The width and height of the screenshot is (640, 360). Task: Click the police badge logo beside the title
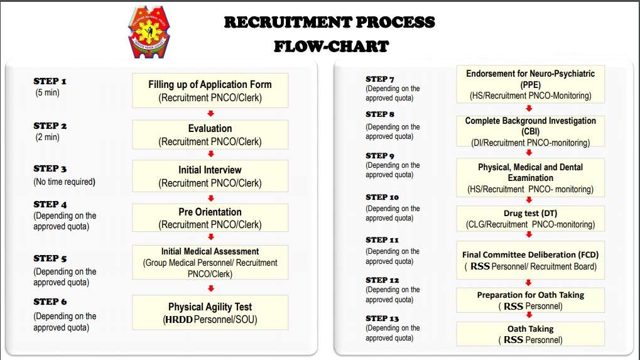[149, 32]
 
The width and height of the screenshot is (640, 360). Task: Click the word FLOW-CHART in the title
[331, 46]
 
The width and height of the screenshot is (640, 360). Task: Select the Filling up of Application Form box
[210, 90]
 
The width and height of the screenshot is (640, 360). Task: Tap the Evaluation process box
[210, 134]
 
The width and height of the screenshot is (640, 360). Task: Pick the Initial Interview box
[210, 176]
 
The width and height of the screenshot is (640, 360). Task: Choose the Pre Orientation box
[210, 217]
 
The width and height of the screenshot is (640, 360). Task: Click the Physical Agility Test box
[210, 313]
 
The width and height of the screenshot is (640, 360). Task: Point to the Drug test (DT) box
[530, 219]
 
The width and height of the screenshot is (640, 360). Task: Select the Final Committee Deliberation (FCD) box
[530, 260]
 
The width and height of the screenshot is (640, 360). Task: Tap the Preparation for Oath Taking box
[530, 300]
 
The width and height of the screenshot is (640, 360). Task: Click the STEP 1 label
[50, 81]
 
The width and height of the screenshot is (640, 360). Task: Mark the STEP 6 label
[50, 302]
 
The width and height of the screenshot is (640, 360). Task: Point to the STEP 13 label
[382, 319]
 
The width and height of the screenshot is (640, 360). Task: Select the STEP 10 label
[382, 197]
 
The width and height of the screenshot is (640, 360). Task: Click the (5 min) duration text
[47, 92]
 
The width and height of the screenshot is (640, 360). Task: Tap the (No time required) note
[65, 182]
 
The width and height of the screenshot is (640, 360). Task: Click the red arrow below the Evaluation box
[210, 154]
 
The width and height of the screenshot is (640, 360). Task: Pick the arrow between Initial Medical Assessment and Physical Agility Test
[210, 288]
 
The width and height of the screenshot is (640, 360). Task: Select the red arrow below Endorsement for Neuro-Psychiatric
[529, 108]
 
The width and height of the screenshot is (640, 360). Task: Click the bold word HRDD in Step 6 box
[178, 320]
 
